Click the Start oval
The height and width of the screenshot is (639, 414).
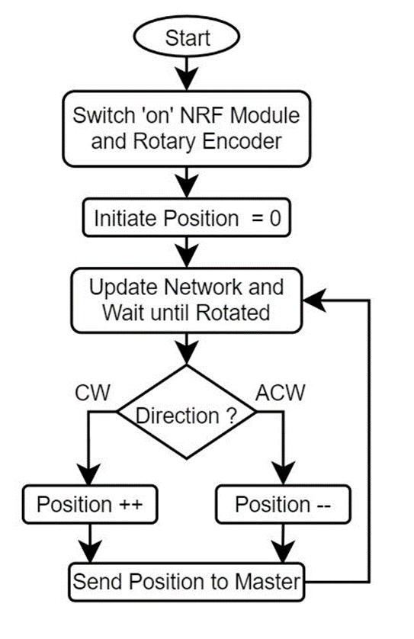(x=187, y=37)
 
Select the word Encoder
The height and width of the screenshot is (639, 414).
(x=242, y=141)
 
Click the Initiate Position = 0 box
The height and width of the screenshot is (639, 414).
(x=187, y=217)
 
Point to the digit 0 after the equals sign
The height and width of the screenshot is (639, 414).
(x=275, y=218)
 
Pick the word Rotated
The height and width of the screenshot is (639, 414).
(x=233, y=313)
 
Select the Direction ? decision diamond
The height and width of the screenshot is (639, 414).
(x=187, y=412)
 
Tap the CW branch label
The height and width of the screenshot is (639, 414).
(x=92, y=393)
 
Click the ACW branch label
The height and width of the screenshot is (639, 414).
(x=281, y=393)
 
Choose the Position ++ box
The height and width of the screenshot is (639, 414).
(x=90, y=504)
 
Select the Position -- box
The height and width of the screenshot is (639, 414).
(x=283, y=504)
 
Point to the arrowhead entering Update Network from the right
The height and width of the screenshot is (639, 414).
(x=314, y=300)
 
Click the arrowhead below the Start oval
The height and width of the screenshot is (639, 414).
(x=187, y=79)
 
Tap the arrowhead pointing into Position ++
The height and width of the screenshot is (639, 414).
(x=89, y=474)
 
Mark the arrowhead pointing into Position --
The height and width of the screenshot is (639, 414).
(x=283, y=474)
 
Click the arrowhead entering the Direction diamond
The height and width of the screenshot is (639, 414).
(x=187, y=353)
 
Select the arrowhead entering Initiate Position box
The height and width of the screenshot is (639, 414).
(x=187, y=187)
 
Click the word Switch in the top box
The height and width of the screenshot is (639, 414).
(x=104, y=115)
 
